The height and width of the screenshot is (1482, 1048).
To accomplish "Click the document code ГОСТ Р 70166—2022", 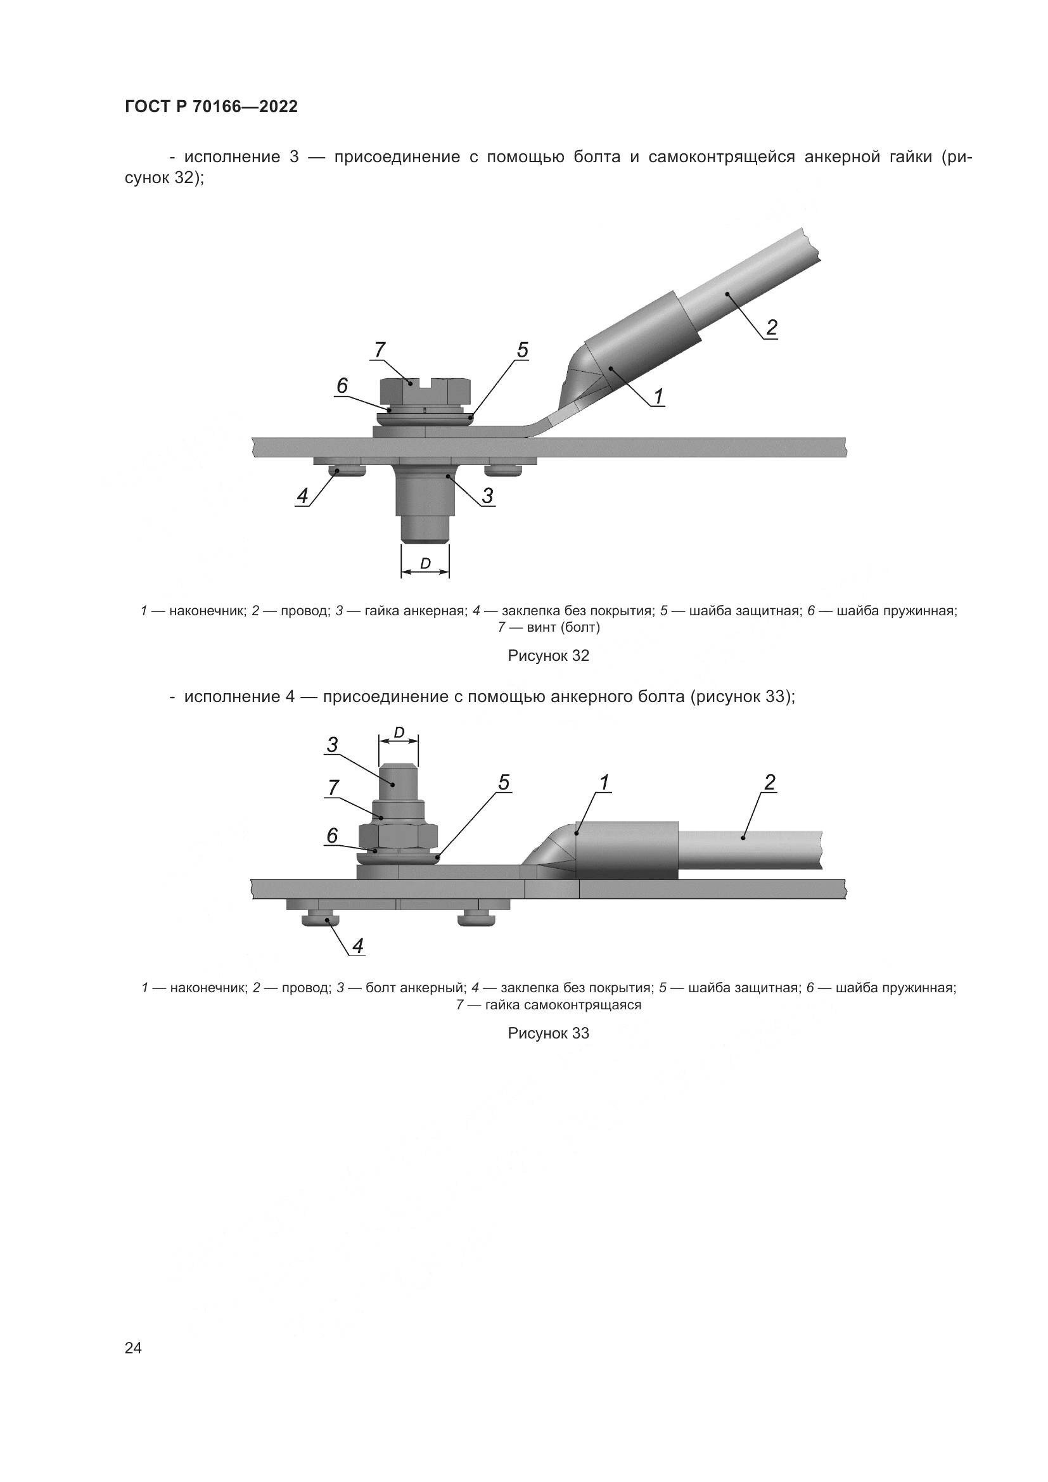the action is click(x=211, y=106).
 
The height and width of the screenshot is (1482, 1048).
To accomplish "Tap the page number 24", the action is click(x=133, y=1348).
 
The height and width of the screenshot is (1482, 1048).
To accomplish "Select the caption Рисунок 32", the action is click(x=549, y=656).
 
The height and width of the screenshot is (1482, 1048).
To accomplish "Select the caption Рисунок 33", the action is click(x=549, y=1033).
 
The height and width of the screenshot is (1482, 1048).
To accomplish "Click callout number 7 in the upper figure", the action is click(x=379, y=349).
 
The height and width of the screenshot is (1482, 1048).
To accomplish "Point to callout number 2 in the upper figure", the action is click(x=771, y=328).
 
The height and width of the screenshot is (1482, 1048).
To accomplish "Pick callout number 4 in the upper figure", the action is click(x=302, y=495).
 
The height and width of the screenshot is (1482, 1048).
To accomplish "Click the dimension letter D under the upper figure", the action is click(x=425, y=563).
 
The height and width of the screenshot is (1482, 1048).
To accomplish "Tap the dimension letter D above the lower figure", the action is click(x=399, y=732).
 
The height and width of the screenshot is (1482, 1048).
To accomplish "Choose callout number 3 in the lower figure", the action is click(x=333, y=746).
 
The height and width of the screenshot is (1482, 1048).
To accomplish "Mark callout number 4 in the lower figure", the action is click(x=357, y=946).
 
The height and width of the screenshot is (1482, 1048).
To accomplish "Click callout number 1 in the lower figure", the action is click(x=604, y=783).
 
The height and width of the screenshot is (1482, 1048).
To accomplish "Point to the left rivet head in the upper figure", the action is click(x=341, y=471).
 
